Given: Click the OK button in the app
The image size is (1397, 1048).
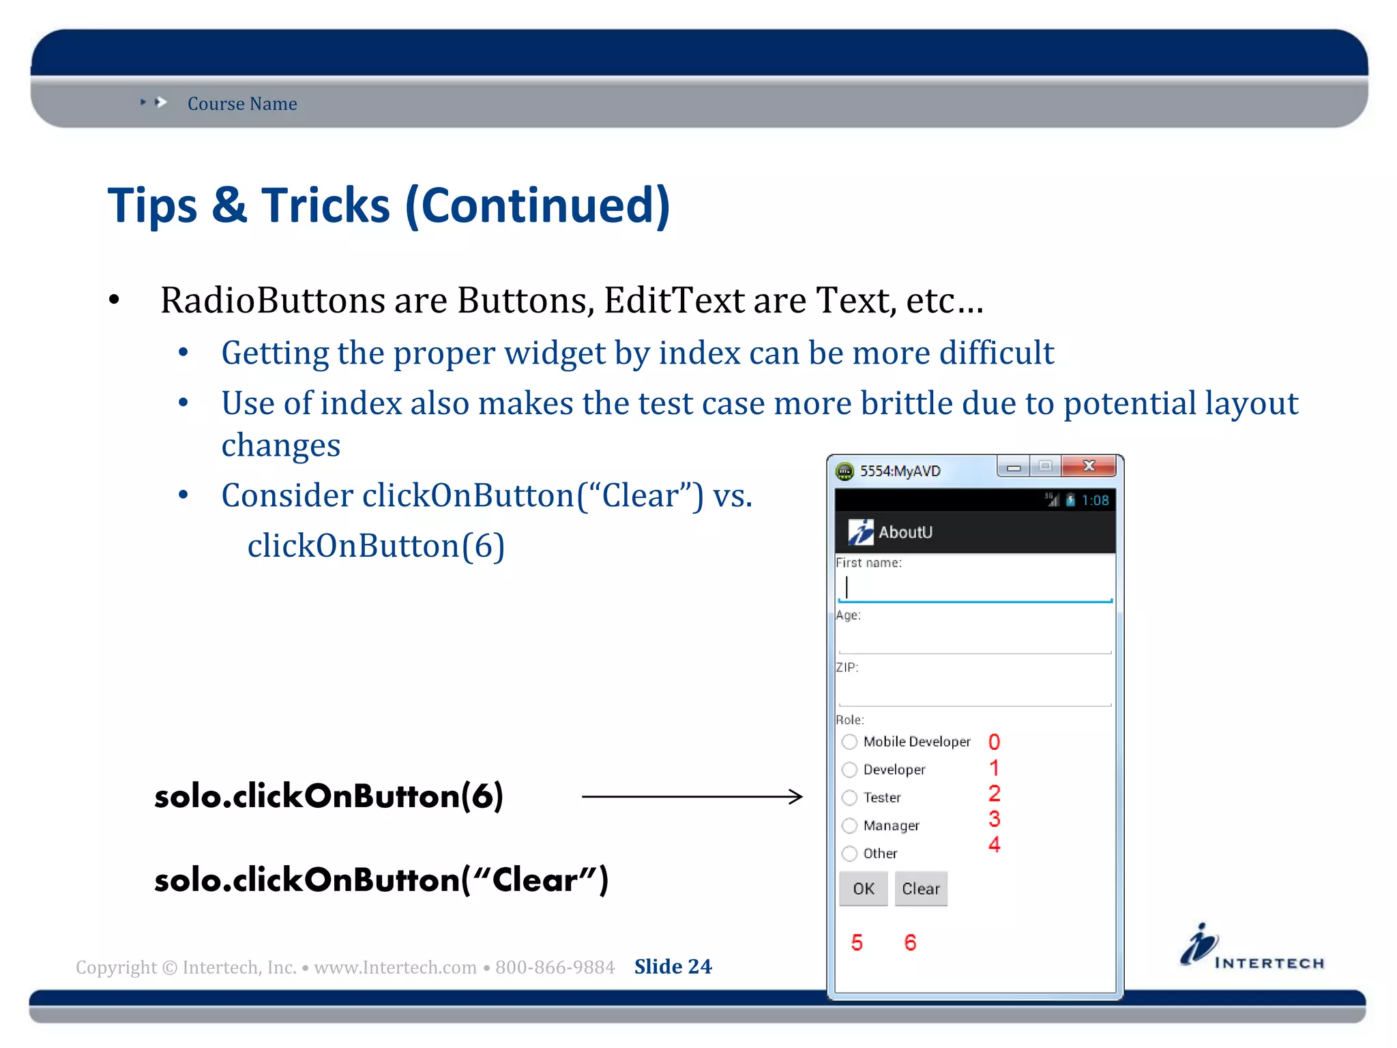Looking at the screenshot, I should click(863, 888).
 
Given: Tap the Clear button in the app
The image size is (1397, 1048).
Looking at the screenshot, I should click(920, 888).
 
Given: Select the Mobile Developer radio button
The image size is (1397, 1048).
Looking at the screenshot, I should click(849, 742).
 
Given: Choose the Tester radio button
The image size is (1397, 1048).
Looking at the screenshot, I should click(849, 798).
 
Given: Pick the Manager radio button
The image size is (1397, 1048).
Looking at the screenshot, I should click(849, 826).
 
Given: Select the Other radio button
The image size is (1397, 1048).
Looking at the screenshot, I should click(849, 854).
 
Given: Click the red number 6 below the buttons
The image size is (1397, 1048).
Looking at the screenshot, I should click(910, 942).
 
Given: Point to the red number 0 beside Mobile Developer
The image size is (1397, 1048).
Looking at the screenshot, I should click(994, 742).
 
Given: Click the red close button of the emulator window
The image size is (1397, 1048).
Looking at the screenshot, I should click(1089, 466).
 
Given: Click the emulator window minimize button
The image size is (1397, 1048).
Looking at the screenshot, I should click(1014, 467).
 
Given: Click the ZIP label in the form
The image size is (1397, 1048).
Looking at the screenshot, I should click(847, 667).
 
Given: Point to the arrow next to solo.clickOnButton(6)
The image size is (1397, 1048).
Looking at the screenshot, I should click(692, 796).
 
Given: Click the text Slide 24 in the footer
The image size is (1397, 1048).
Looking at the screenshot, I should click(673, 966).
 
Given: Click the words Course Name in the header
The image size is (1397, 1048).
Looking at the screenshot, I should click(242, 104).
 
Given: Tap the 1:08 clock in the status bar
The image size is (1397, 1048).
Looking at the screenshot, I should click(1095, 500).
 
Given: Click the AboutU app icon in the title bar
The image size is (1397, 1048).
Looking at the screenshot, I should click(860, 532).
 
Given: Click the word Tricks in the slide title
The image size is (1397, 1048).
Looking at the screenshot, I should click(325, 205).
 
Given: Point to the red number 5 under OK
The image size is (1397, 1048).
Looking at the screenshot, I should click(857, 942).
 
